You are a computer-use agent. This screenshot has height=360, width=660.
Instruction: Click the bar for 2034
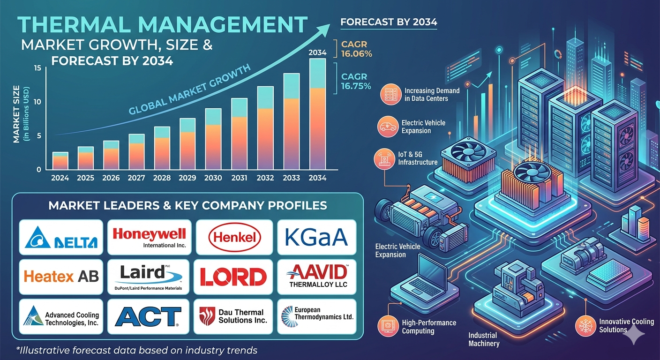(317, 114)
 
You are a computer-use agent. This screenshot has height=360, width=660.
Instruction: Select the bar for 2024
(60, 161)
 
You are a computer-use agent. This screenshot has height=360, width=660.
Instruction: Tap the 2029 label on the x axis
(187, 178)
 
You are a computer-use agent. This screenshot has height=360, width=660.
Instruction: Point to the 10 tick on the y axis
(37, 102)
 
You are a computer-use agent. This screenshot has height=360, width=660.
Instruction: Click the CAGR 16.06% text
(357, 49)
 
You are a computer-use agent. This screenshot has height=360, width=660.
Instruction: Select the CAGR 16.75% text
(356, 81)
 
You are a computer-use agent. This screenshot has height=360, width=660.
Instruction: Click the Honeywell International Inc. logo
(150, 238)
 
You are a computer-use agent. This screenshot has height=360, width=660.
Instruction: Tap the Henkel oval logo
(234, 238)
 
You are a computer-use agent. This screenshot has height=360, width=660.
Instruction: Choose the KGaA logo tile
(317, 237)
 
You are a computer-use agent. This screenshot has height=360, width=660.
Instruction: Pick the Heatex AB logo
(61, 277)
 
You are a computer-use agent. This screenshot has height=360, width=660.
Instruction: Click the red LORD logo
(233, 277)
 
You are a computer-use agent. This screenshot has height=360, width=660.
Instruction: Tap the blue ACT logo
(148, 317)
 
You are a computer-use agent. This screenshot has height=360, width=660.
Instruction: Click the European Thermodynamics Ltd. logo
(317, 316)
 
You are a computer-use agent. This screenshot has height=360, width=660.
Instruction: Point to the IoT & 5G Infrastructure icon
(384, 158)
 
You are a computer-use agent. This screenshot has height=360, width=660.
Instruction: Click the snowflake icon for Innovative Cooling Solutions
(585, 326)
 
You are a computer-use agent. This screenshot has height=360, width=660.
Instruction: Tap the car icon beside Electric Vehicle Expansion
(388, 127)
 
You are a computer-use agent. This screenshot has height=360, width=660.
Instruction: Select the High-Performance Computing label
(429, 327)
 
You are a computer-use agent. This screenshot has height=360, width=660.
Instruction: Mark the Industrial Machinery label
(484, 339)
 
